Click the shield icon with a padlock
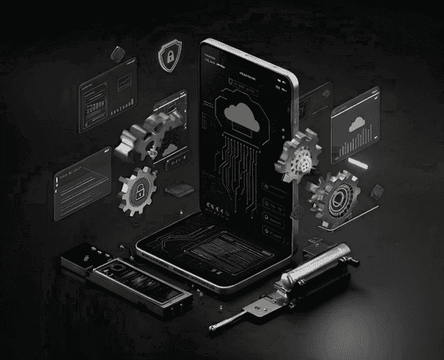pyautogui.click(x=169, y=57)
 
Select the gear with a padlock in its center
pyautogui.click(x=137, y=189)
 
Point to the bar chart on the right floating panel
pyautogui.click(x=361, y=148)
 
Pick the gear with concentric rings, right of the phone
pyautogui.click(x=334, y=196)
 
